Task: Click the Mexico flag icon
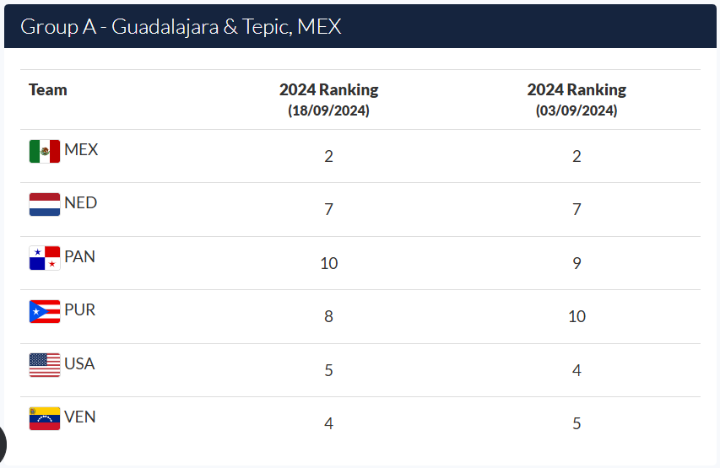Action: (45, 151)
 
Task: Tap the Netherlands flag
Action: (45, 204)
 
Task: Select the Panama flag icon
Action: (45, 258)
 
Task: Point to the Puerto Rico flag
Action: (45, 311)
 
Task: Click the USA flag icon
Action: (45, 365)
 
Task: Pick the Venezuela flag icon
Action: (45, 418)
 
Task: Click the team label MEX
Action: (81, 149)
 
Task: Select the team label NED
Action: (81, 202)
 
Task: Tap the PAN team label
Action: (80, 256)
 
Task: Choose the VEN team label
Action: (80, 417)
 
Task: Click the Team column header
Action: (48, 89)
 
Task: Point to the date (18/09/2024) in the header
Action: (329, 110)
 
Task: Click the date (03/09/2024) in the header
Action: (577, 110)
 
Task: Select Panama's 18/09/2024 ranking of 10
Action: (329, 263)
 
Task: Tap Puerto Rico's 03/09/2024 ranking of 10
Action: (577, 316)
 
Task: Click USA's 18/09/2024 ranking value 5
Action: (329, 370)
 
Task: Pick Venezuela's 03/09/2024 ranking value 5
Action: (577, 423)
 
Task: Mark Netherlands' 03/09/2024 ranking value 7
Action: (577, 210)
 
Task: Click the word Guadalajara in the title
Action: (165, 27)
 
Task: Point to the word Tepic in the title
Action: (268, 28)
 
